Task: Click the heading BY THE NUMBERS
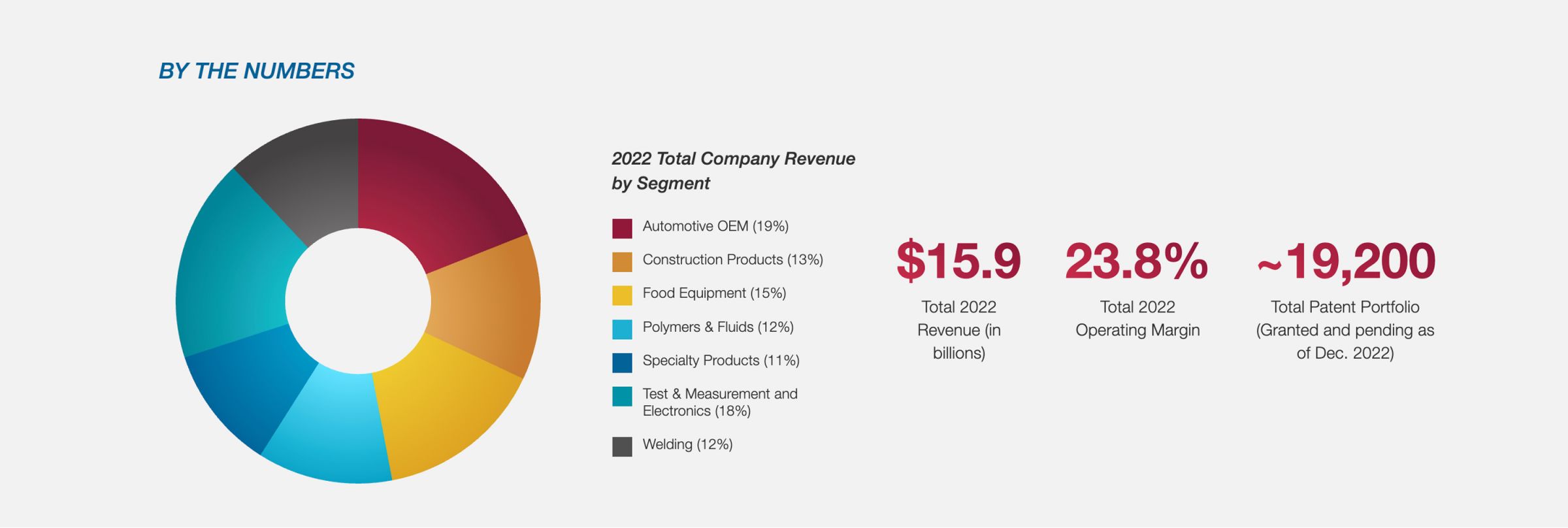click(256, 71)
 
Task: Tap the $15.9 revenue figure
click(958, 261)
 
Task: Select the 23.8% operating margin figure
click(1137, 261)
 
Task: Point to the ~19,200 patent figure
click(1346, 261)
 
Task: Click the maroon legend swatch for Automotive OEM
click(622, 228)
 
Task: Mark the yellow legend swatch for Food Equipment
click(622, 295)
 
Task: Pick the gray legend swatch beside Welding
click(622, 446)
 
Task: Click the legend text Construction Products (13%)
click(732, 259)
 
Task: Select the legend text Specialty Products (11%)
click(721, 360)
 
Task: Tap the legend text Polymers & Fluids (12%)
click(717, 327)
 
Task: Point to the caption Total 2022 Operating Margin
click(1137, 318)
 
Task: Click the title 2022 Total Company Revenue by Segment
click(732, 171)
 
